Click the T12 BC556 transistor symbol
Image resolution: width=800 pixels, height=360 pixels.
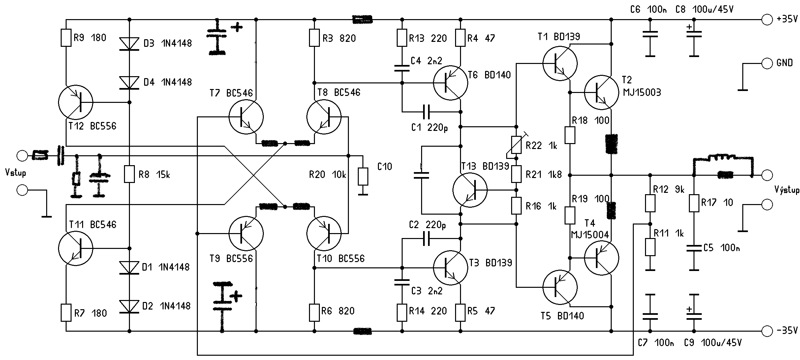[76, 102]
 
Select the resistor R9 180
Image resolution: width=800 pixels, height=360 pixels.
[66, 38]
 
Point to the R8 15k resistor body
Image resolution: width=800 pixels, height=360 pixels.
[129, 174]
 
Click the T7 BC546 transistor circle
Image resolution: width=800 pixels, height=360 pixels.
[246, 117]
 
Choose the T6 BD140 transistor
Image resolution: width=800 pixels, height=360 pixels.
[450, 82]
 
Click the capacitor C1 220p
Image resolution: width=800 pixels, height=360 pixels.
[426, 112]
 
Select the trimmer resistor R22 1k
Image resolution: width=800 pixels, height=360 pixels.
[516, 145]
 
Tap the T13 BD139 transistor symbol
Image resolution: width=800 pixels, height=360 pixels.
[470, 190]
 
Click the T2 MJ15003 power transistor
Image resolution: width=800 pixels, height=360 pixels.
[601, 93]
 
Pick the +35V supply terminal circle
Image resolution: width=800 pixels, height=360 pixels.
[767, 19]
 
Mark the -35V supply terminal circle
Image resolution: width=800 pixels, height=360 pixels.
[767, 330]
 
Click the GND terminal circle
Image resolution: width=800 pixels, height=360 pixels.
[767, 63]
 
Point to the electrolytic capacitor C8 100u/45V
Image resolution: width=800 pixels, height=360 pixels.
[694, 34]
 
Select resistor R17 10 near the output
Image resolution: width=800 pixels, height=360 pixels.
[694, 203]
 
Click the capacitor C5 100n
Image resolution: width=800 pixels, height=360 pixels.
[694, 248]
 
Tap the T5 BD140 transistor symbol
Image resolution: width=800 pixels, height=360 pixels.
[560, 287]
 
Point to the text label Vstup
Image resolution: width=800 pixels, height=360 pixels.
[16, 173]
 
